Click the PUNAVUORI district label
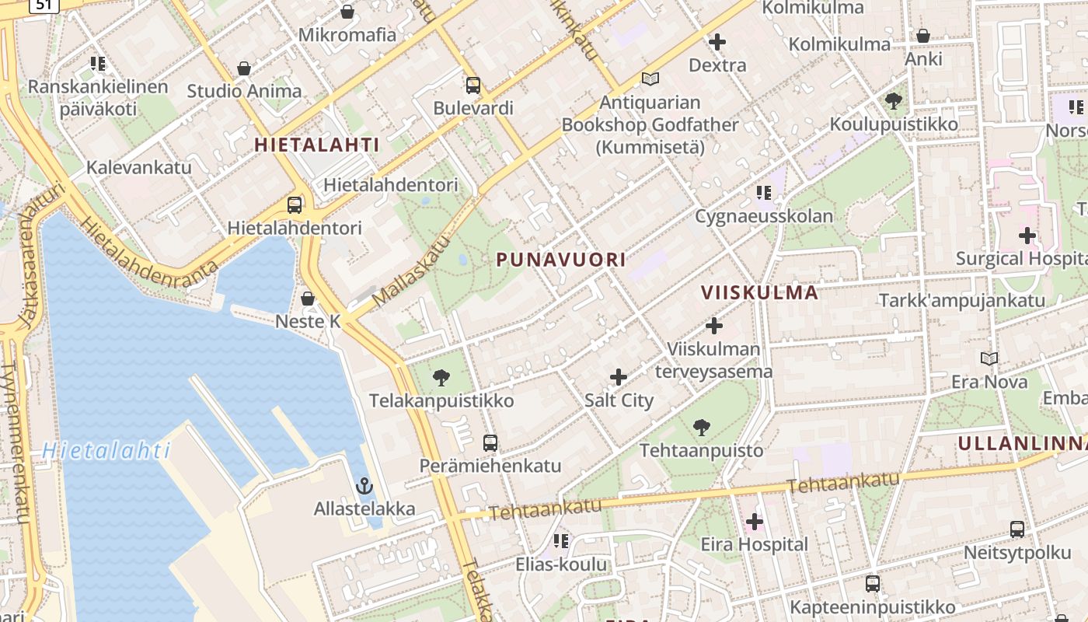pyautogui.click(x=561, y=260)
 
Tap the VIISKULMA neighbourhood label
pyautogui.click(x=759, y=292)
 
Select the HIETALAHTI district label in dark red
pyautogui.click(x=316, y=145)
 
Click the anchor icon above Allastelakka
pyautogui.click(x=364, y=487)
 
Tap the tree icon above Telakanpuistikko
pyautogui.click(x=441, y=378)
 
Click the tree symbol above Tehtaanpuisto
pyautogui.click(x=701, y=427)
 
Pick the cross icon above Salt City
pyautogui.click(x=619, y=378)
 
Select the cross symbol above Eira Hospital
pyautogui.click(x=754, y=522)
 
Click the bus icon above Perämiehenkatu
pyautogui.click(x=490, y=443)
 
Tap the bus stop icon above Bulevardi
pyautogui.click(x=473, y=86)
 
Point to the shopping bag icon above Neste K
pyautogui.click(x=308, y=299)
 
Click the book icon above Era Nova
pyautogui.click(x=989, y=358)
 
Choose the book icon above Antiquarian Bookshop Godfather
pyautogui.click(x=650, y=79)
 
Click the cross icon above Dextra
pyautogui.click(x=717, y=42)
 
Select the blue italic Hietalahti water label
pyautogui.click(x=106, y=450)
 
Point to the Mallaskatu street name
pyautogui.click(x=411, y=271)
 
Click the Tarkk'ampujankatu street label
pyautogui.click(x=961, y=301)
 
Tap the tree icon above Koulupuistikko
pyautogui.click(x=894, y=100)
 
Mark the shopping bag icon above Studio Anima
pyautogui.click(x=244, y=68)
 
